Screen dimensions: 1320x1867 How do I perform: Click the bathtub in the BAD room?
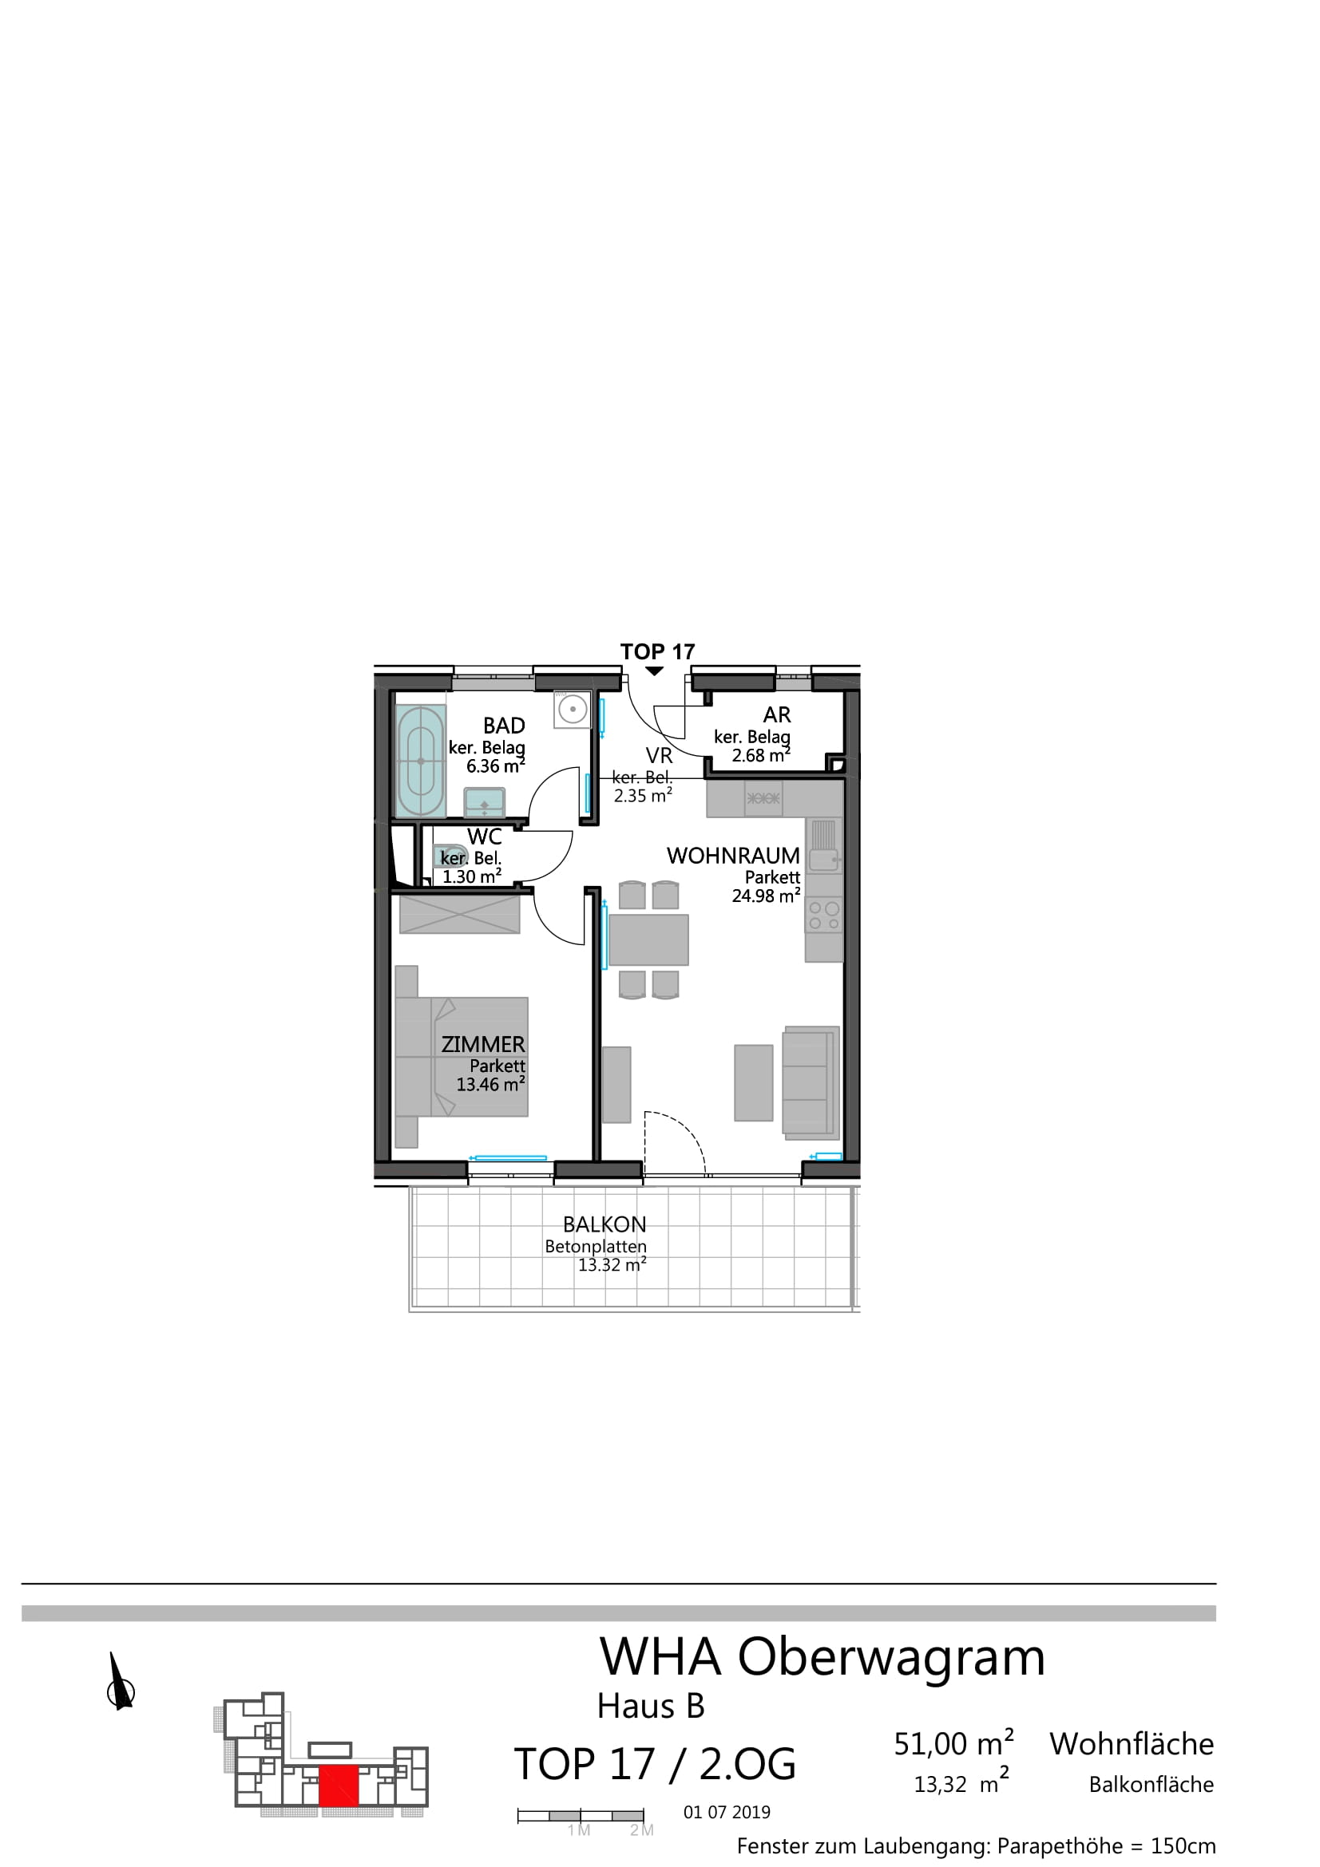pyautogui.click(x=421, y=761)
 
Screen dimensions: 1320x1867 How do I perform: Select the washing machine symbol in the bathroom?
pyautogui.click(x=573, y=709)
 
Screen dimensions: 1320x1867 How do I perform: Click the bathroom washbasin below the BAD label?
pyautogui.click(x=484, y=801)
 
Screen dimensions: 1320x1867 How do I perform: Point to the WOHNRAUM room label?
pyautogui.click(x=733, y=856)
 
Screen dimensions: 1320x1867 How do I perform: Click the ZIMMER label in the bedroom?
pyautogui.click(x=483, y=1044)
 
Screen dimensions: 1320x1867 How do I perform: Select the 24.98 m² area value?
pyautogui.click(x=765, y=896)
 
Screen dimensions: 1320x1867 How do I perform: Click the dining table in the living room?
pyautogui.click(x=648, y=939)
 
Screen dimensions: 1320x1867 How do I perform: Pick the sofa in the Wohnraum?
pyautogui.click(x=810, y=1082)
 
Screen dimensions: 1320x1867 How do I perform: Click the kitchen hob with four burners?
pyautogui.click(x=824, y=916)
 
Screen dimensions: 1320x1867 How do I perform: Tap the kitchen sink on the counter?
pyautogui.click(x=824, y=845)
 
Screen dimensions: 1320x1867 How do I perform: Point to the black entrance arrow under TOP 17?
pyautogui.click(x=655, y=670)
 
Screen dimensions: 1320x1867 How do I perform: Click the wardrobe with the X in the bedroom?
pyautogui.click(x=459, y=914)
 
